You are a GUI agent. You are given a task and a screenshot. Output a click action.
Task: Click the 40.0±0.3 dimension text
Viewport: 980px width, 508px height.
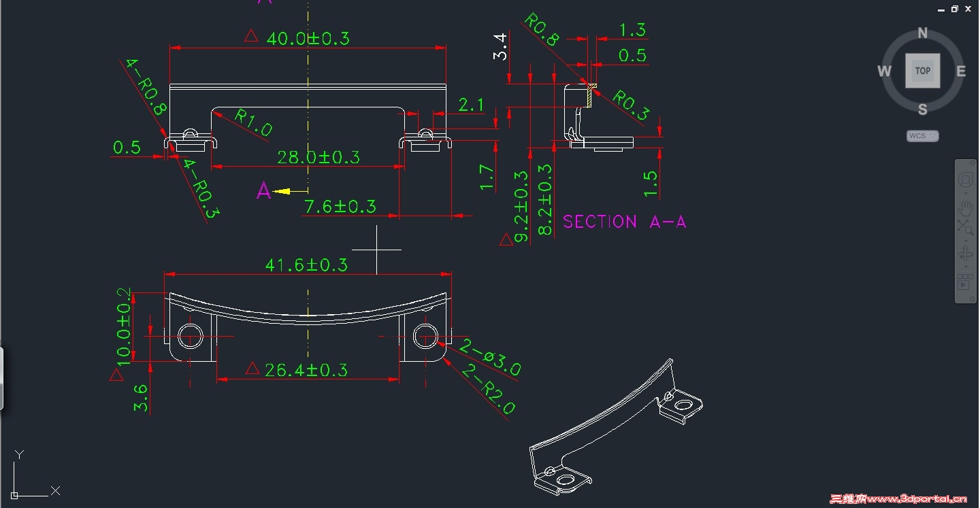308,38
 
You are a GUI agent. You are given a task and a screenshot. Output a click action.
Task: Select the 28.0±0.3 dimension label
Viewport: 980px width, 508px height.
318,157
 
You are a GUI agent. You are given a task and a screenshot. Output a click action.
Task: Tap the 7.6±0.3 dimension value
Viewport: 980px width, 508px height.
340,206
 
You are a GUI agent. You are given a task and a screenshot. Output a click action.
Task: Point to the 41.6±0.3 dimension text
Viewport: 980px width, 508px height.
306,265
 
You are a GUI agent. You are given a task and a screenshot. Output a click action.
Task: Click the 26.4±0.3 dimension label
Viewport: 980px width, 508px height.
306,370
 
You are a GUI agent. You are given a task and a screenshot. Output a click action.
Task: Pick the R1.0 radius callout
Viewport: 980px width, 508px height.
253,122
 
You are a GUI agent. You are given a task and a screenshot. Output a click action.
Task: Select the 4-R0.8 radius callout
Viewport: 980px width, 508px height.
146,86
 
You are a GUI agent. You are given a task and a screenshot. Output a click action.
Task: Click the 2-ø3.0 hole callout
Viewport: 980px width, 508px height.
490,358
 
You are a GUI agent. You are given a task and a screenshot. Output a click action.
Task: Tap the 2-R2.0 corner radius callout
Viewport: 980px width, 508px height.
488,390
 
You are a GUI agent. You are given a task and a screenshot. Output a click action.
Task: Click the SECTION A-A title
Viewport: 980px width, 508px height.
624,222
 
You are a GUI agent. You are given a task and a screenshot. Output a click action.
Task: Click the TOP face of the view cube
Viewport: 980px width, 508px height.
923,71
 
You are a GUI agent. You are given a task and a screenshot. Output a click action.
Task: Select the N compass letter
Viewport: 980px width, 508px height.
923,33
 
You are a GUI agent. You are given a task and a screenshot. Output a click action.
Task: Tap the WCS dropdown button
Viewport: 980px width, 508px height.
922,136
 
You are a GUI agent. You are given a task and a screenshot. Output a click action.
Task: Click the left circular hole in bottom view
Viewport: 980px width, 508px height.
191,336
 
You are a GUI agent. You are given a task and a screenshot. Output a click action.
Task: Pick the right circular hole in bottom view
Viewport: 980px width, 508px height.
426,336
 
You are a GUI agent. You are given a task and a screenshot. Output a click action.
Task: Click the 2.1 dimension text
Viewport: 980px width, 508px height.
471,105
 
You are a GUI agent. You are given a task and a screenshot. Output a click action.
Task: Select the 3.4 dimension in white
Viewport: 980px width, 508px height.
500,46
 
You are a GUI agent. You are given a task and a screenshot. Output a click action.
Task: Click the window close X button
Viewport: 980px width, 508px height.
968,9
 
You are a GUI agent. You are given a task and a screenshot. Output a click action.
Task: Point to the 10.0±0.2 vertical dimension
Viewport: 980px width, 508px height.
123,326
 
